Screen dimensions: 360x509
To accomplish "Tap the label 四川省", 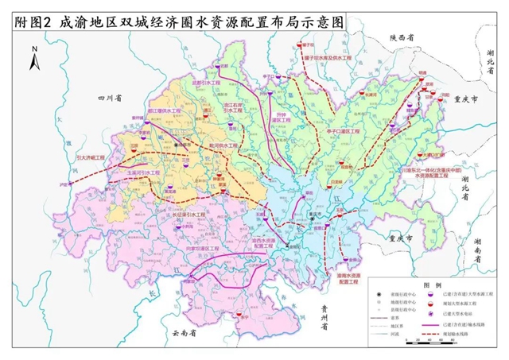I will pos(107,98).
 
